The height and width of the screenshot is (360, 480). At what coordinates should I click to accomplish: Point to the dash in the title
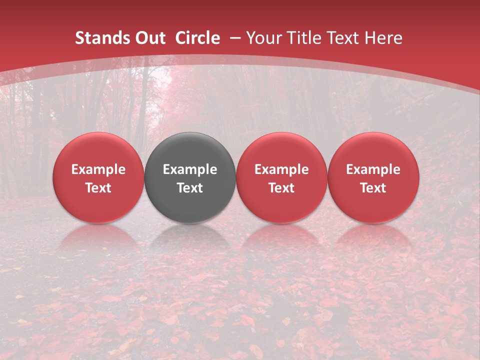(235, 38)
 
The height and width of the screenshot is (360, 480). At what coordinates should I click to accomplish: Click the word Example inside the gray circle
(190, 169)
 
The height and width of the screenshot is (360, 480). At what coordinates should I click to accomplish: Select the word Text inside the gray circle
(190, 188)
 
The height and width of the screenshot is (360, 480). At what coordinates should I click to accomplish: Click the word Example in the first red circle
(98, 169)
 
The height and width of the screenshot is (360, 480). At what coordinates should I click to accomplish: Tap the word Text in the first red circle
(98, 188)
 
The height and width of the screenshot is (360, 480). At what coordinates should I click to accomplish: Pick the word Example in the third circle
(281, 169)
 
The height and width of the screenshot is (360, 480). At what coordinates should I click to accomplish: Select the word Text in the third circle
(281, 188)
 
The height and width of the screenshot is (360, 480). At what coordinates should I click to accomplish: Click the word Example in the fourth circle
(373, 169)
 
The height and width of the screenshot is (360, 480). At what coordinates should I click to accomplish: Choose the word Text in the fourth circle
(373, 188)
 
